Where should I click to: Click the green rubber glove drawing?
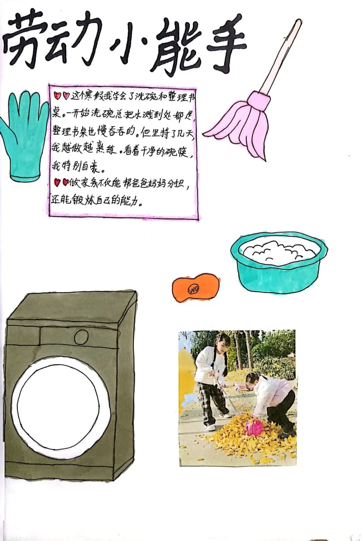pyautogui.click(x=24, y=135)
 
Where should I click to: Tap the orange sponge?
pyautogui.click(x=196, y=287)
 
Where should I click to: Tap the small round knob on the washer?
pyautogui.click(x=81, y=337)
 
